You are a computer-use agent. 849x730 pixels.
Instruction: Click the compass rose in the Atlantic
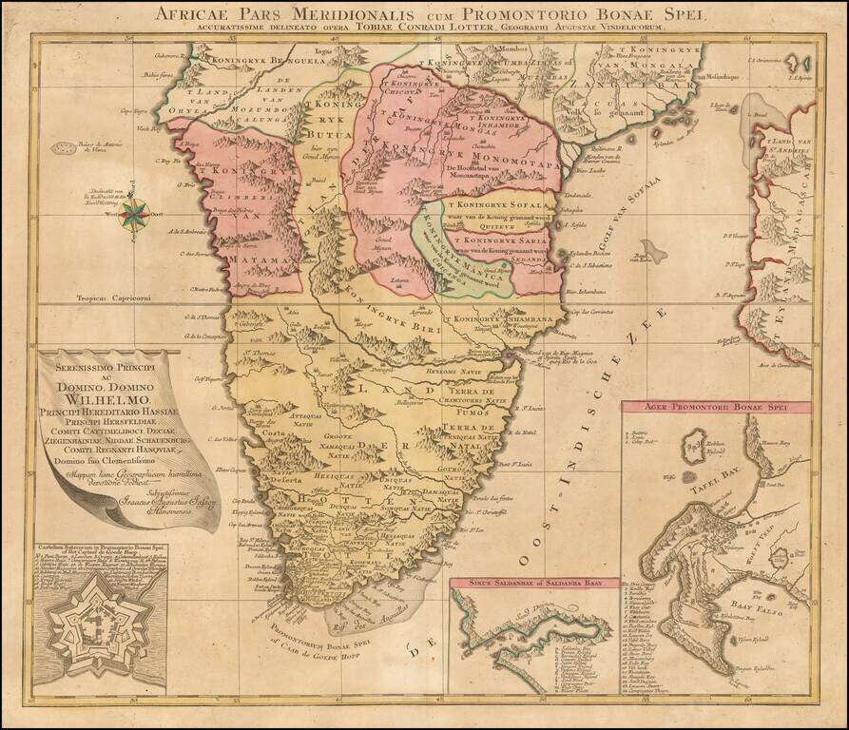point(134,212)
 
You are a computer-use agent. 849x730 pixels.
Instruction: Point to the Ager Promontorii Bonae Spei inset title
point(717,408)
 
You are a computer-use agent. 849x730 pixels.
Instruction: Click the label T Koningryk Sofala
point(497,204)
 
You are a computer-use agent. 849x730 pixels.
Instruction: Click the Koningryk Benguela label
point(244,56)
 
